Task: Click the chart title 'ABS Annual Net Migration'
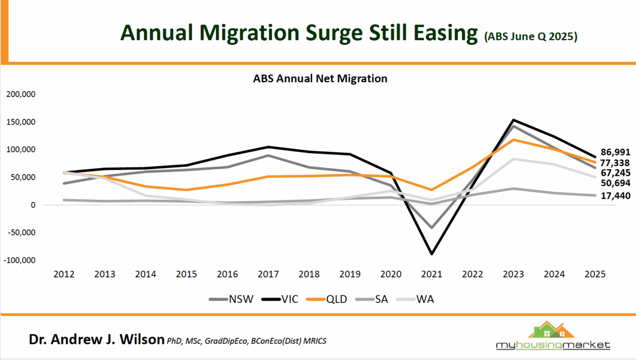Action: (320, 79)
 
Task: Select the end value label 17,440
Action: (616, 196)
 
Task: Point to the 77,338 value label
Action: (616, 163)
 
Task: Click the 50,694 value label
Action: (616, 183)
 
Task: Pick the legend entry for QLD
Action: (336, 300)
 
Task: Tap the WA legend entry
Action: (427, 300)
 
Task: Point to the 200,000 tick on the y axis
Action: (20, 94)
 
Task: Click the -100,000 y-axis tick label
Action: (19, 260)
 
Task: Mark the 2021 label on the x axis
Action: (432, 275)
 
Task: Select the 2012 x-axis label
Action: (64, 275)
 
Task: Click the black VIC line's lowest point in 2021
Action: (432, 254)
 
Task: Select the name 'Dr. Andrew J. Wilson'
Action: (96, 340)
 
